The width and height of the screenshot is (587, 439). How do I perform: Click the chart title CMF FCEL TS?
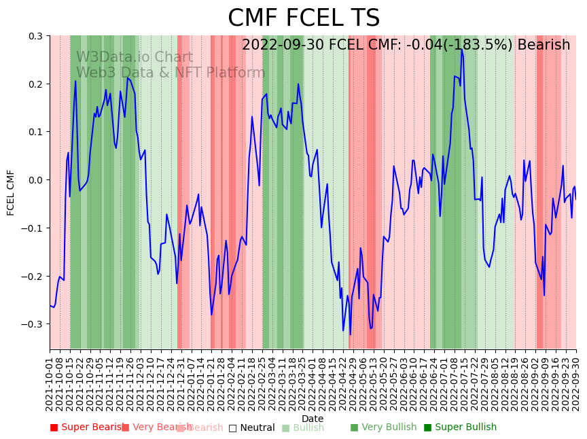304,18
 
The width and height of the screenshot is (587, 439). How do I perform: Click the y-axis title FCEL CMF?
11,192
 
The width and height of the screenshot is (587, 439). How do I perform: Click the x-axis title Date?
313,419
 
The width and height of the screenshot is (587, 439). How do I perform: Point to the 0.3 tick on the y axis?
35,36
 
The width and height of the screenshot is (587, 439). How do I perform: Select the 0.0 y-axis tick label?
35,180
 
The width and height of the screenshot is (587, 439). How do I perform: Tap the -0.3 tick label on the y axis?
33,324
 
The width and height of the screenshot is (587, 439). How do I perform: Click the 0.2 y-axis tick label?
35,84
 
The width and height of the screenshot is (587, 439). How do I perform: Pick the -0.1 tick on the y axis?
33,228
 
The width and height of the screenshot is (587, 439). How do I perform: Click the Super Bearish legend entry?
84,427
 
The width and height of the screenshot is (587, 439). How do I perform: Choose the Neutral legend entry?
251,427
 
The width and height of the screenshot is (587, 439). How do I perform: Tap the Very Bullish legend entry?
383,427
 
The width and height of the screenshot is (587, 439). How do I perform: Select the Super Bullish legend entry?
460,427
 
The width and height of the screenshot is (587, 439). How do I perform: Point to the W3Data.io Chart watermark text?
135,57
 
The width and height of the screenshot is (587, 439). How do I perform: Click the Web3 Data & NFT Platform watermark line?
171,73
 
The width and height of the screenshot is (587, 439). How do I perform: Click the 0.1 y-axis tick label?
35,132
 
